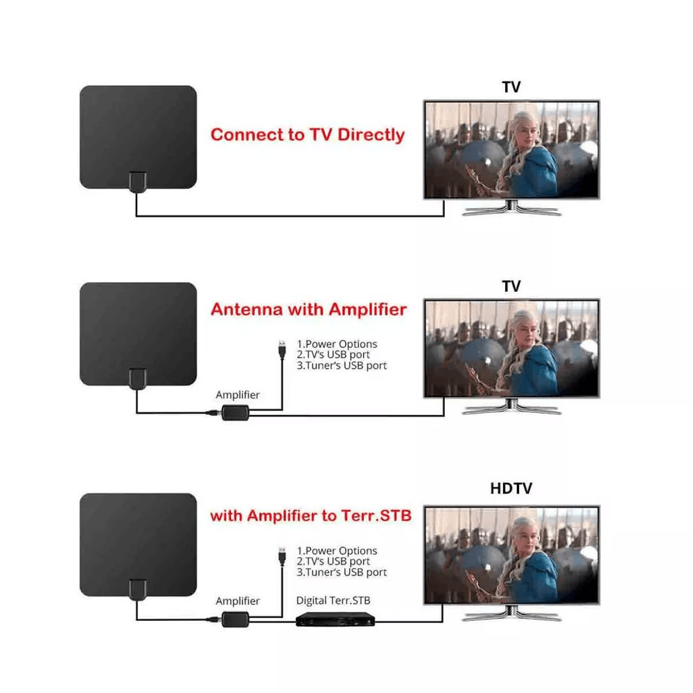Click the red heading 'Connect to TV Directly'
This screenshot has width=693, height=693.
coord(307,134)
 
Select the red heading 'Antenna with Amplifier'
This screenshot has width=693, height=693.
coord(308,309)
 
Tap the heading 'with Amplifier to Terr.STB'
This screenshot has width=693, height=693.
coord(310,516)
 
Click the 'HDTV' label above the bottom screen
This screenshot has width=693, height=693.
coord(511,489)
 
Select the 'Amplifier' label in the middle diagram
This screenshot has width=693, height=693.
coord(238,395)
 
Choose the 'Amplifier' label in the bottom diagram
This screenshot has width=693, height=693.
coord(238,601)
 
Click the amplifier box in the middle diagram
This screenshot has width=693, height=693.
coord(234,414)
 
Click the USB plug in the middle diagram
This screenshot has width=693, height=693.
coord(281,349)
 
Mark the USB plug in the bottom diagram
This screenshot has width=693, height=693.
coord(281,555)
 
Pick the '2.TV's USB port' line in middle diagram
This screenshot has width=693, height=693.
coord(333,355)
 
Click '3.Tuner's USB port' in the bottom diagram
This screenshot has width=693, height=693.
coord(342,572)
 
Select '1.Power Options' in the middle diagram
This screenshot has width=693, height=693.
coord(337,344)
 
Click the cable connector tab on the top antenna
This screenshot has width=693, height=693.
coord(137,182)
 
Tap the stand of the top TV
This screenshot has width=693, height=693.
coord(511,208)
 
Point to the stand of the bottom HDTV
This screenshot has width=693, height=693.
coord(511,613)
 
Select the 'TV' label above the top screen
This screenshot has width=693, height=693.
coord(511,87)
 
